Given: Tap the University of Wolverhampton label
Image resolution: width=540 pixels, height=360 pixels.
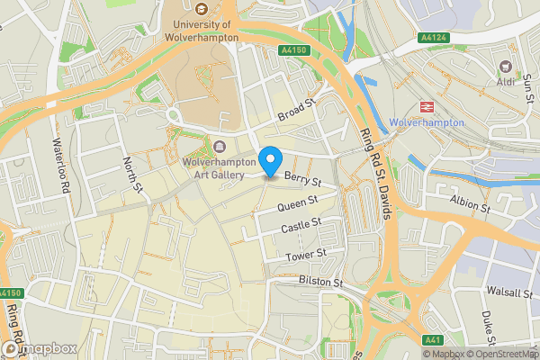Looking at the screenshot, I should pyautogui.click(x=201, y=31).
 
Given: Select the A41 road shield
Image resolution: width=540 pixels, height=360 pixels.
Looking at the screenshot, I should pyautogui.click(x=433, y=340).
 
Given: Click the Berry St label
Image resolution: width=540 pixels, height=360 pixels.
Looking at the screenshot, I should pyautogui.click(x=297, y=182).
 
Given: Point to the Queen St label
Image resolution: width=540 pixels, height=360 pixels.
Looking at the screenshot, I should pyautogui.click(x=300, y=206).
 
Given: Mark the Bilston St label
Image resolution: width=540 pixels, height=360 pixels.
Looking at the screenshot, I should pyautogui.click(x=321, y=283).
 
